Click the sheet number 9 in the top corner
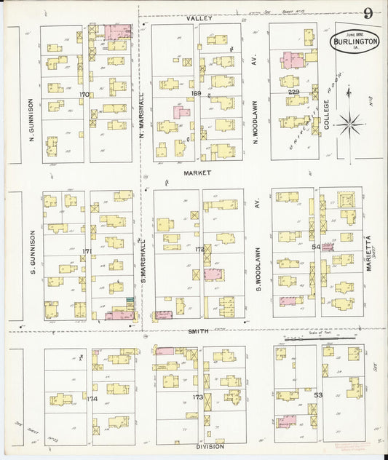pos(370,12)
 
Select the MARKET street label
pos(197,173)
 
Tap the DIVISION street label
pos(209,446)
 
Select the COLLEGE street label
pos(327,115)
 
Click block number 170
pos(85,94)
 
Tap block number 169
pos(195,93)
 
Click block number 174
pos(92,399)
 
